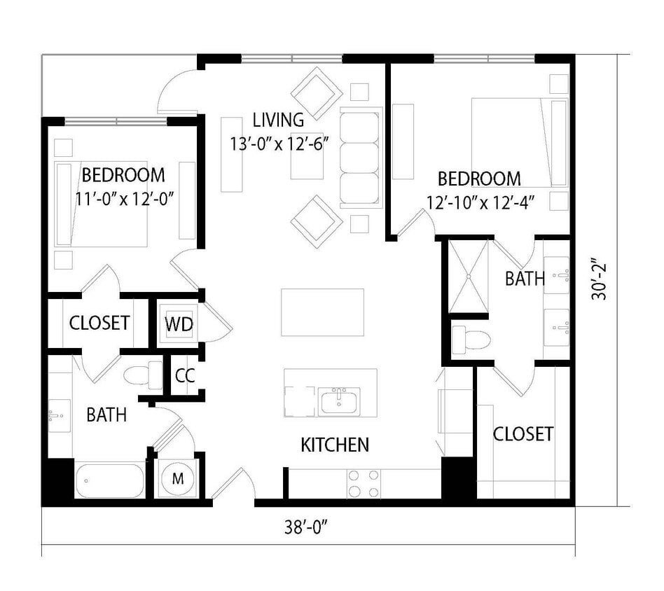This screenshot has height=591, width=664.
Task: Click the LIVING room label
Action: (x=278, y=120)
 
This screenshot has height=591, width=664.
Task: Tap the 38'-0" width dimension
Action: (x=306, y=527)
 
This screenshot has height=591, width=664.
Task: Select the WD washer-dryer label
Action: (x=179, y=324)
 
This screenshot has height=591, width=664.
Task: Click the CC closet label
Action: (x=185, y=375)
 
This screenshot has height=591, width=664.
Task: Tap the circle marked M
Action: (x=178, y=479)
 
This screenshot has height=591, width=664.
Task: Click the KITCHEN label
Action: (x=335, y=445)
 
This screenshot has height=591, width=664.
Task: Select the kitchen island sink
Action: (x=339, y=401)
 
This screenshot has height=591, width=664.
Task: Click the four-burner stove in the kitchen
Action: (x=364, y=483)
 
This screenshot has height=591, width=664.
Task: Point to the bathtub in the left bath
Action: (x=110, y=481)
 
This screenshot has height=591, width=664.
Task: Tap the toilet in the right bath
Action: (x=471, y=340)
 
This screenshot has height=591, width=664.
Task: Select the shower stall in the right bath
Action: (x=469, y=277)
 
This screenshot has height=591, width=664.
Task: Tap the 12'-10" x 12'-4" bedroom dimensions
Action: (x=478, y=203)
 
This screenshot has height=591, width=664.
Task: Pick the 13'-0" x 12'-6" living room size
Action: (x=279, y=144)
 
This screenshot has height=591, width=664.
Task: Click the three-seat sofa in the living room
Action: (x=361, y=158)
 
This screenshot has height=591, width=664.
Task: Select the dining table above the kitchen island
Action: (x=322, y=312)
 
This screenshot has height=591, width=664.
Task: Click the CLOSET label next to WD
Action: (x=99, y=323)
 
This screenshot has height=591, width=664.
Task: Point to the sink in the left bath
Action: (x=60, y=415)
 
